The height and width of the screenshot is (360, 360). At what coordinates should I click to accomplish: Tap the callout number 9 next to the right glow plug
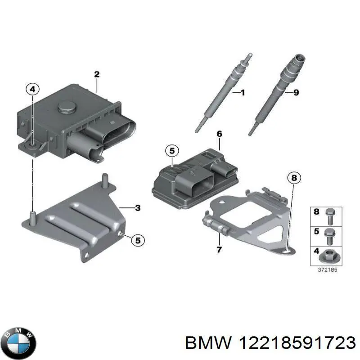point(295,93)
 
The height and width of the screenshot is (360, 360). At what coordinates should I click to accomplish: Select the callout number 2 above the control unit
point(96,74)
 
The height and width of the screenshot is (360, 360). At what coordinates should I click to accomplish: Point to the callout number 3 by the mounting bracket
point(138,207)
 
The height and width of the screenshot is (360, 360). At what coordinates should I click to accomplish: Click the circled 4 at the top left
point(32,90)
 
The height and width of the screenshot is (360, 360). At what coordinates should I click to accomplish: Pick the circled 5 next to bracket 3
point(138,241)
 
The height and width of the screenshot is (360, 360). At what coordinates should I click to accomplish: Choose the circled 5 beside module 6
point(171,152)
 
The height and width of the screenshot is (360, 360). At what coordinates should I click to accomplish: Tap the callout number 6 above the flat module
point(219,134)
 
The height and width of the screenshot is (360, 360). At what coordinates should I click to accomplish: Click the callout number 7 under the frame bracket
point(219,249)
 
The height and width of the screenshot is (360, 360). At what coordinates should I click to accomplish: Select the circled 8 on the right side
point(293,178)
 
